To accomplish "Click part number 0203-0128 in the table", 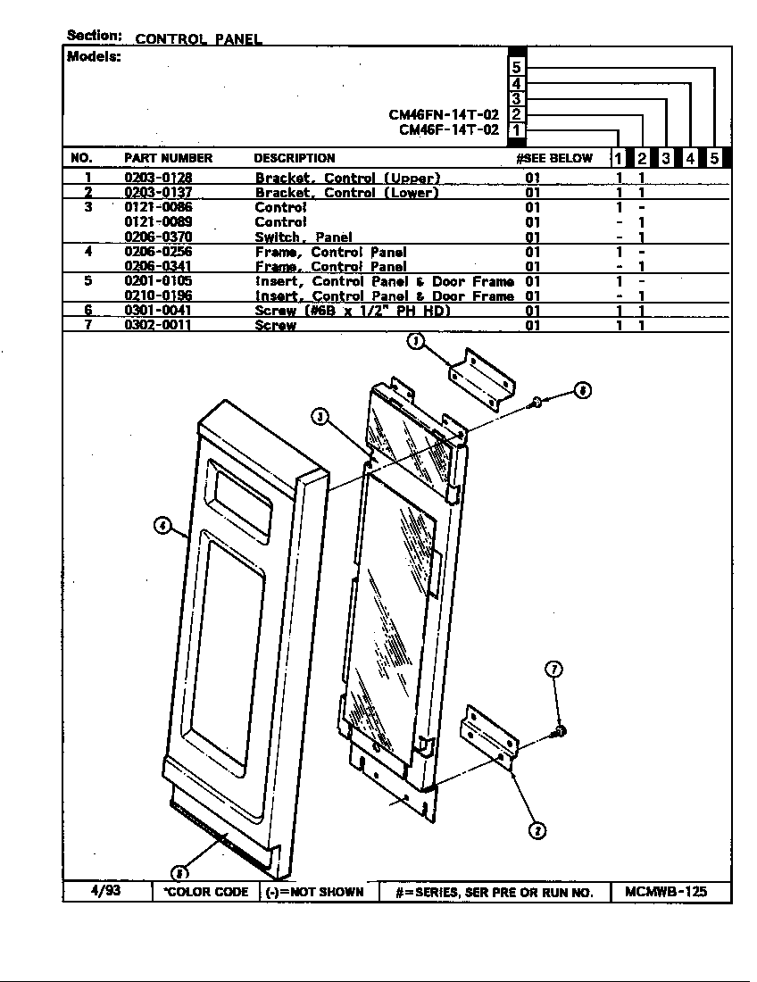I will tap(158, 178).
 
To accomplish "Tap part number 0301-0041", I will tap(158, 310).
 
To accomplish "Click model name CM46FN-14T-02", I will tap(444, 114).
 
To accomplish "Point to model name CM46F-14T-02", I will tap(448, 129).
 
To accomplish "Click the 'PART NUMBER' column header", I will tap(168, 158).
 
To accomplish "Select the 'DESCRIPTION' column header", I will tap(295, 158).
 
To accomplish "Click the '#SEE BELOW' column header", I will tap(553, 158).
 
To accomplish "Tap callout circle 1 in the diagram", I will tap(415, 341).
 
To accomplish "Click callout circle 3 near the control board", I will tap(320, 415).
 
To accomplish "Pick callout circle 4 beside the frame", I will tap(162, 526).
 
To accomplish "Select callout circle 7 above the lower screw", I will tap(553, 670).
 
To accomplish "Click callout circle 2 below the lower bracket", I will tap(537, 830).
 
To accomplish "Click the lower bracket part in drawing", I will tap(489, 736).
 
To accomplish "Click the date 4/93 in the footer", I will tap(106, 891).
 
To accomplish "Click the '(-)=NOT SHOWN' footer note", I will tap(316, 892).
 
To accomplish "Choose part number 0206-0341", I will tap(158, 266).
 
